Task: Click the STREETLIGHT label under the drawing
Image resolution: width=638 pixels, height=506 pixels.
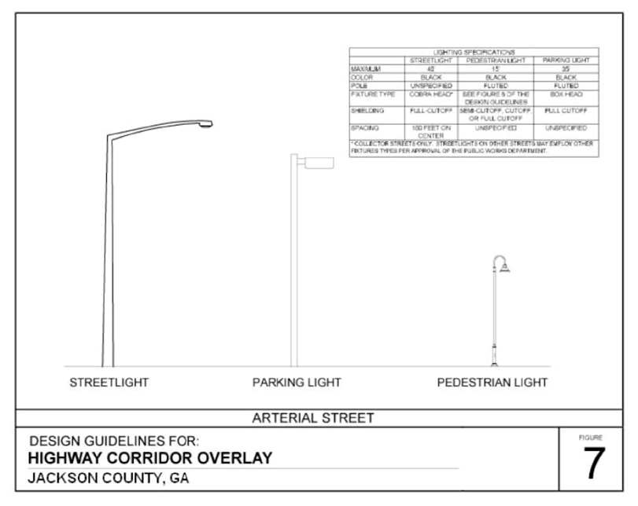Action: coord(109,383)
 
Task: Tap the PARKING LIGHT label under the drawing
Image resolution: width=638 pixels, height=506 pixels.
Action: coord(297,383)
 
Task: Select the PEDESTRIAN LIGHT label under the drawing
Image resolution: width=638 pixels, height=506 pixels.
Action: coord(492,383)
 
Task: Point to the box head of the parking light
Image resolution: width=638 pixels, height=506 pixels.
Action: coord(319,163)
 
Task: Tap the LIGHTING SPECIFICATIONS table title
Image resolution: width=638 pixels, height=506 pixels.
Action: coord(474,52)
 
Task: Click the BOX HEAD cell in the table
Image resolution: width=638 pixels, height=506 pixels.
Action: coord(566,94)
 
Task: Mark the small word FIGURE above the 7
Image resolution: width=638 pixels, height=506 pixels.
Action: coord(592,435)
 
